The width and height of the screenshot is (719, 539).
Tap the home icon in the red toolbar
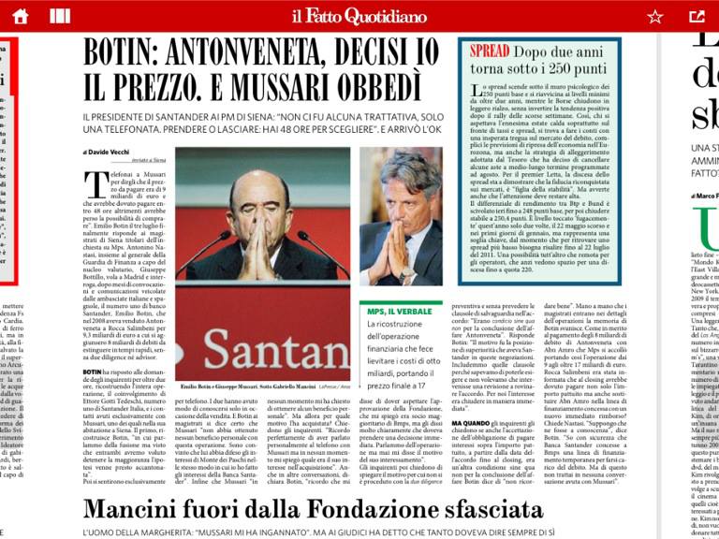21,15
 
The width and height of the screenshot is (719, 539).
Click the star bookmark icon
655,16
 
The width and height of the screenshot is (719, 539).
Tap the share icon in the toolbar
697,16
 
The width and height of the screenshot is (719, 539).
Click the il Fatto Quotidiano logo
359,16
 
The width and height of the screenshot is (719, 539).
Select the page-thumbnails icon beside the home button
60,16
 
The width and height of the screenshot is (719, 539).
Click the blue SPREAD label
490,51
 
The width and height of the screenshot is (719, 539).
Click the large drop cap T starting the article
95,184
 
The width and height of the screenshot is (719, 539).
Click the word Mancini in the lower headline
142,510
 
